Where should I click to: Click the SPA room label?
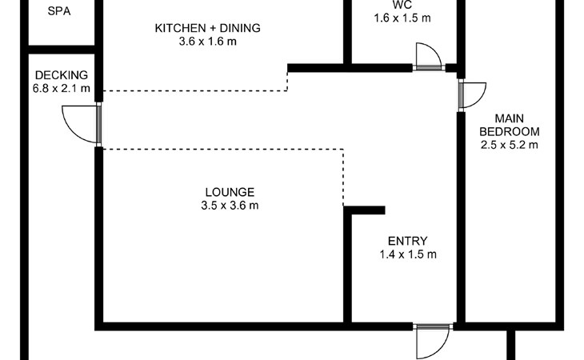click(x=59, y=11)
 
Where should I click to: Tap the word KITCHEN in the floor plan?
click(x=180, y=28)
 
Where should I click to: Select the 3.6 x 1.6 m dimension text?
click(x=207, y=42)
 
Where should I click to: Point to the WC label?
click(x=402, y=5)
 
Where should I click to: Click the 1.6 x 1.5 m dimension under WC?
click(x=402, y=18)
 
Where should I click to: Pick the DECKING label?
click(x=62, y=75)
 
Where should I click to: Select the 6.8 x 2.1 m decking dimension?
click(x=62, y=89)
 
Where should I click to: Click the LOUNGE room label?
click(x=230, y=192)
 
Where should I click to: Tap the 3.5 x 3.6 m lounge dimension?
click(x=230, y=206)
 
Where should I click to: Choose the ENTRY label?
click(x=407, y=241)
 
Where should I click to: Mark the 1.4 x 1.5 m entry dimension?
click(x=408, y=254)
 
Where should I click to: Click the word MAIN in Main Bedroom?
click(x=509, y=118)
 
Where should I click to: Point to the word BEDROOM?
click(x=509, y=132)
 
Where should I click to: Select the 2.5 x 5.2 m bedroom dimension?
click(x=509, y=145)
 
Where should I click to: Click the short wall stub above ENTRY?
click(x=364, y=210)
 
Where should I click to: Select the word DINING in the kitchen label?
click(x=240, y=28)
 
